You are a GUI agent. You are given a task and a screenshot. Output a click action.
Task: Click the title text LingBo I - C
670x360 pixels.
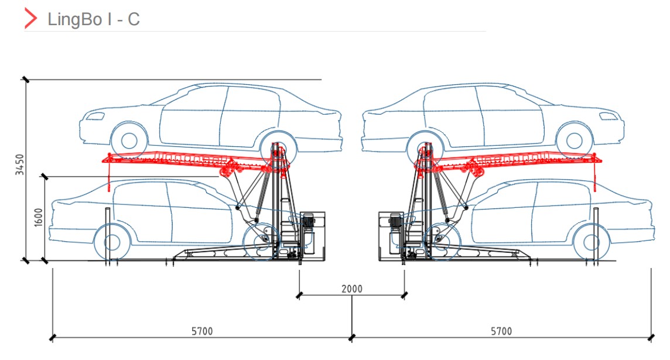click(x=94, y=19)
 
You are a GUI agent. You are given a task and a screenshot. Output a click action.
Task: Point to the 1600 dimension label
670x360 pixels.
click(x=39, y=217)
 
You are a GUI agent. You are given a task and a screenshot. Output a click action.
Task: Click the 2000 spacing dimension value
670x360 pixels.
click(x=352, y=289)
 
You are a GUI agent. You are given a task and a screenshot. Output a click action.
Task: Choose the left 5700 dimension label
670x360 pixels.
click(x=202, y=331)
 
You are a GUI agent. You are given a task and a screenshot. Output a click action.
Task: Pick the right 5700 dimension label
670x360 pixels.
click(x=501, y=331)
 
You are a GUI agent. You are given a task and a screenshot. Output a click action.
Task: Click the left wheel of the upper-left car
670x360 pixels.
click(x=128, y=141)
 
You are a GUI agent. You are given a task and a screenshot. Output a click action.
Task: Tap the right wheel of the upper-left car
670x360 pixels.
click(x=277, y=142)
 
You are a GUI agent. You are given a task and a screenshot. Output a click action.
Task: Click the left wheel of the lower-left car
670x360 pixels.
click(x=112, y=241)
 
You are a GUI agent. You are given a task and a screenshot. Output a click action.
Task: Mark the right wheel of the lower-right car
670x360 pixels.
click(x=590, y=241)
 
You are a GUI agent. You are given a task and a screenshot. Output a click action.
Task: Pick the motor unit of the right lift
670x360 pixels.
click(x=394, y=221)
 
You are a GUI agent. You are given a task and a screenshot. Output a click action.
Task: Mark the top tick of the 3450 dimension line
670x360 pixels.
click(x=25, y=79)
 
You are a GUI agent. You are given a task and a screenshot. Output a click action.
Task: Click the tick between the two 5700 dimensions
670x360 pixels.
click(x=351, y=337)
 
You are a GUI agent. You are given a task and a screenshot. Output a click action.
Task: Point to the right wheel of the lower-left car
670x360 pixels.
click(x=259, y=241)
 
